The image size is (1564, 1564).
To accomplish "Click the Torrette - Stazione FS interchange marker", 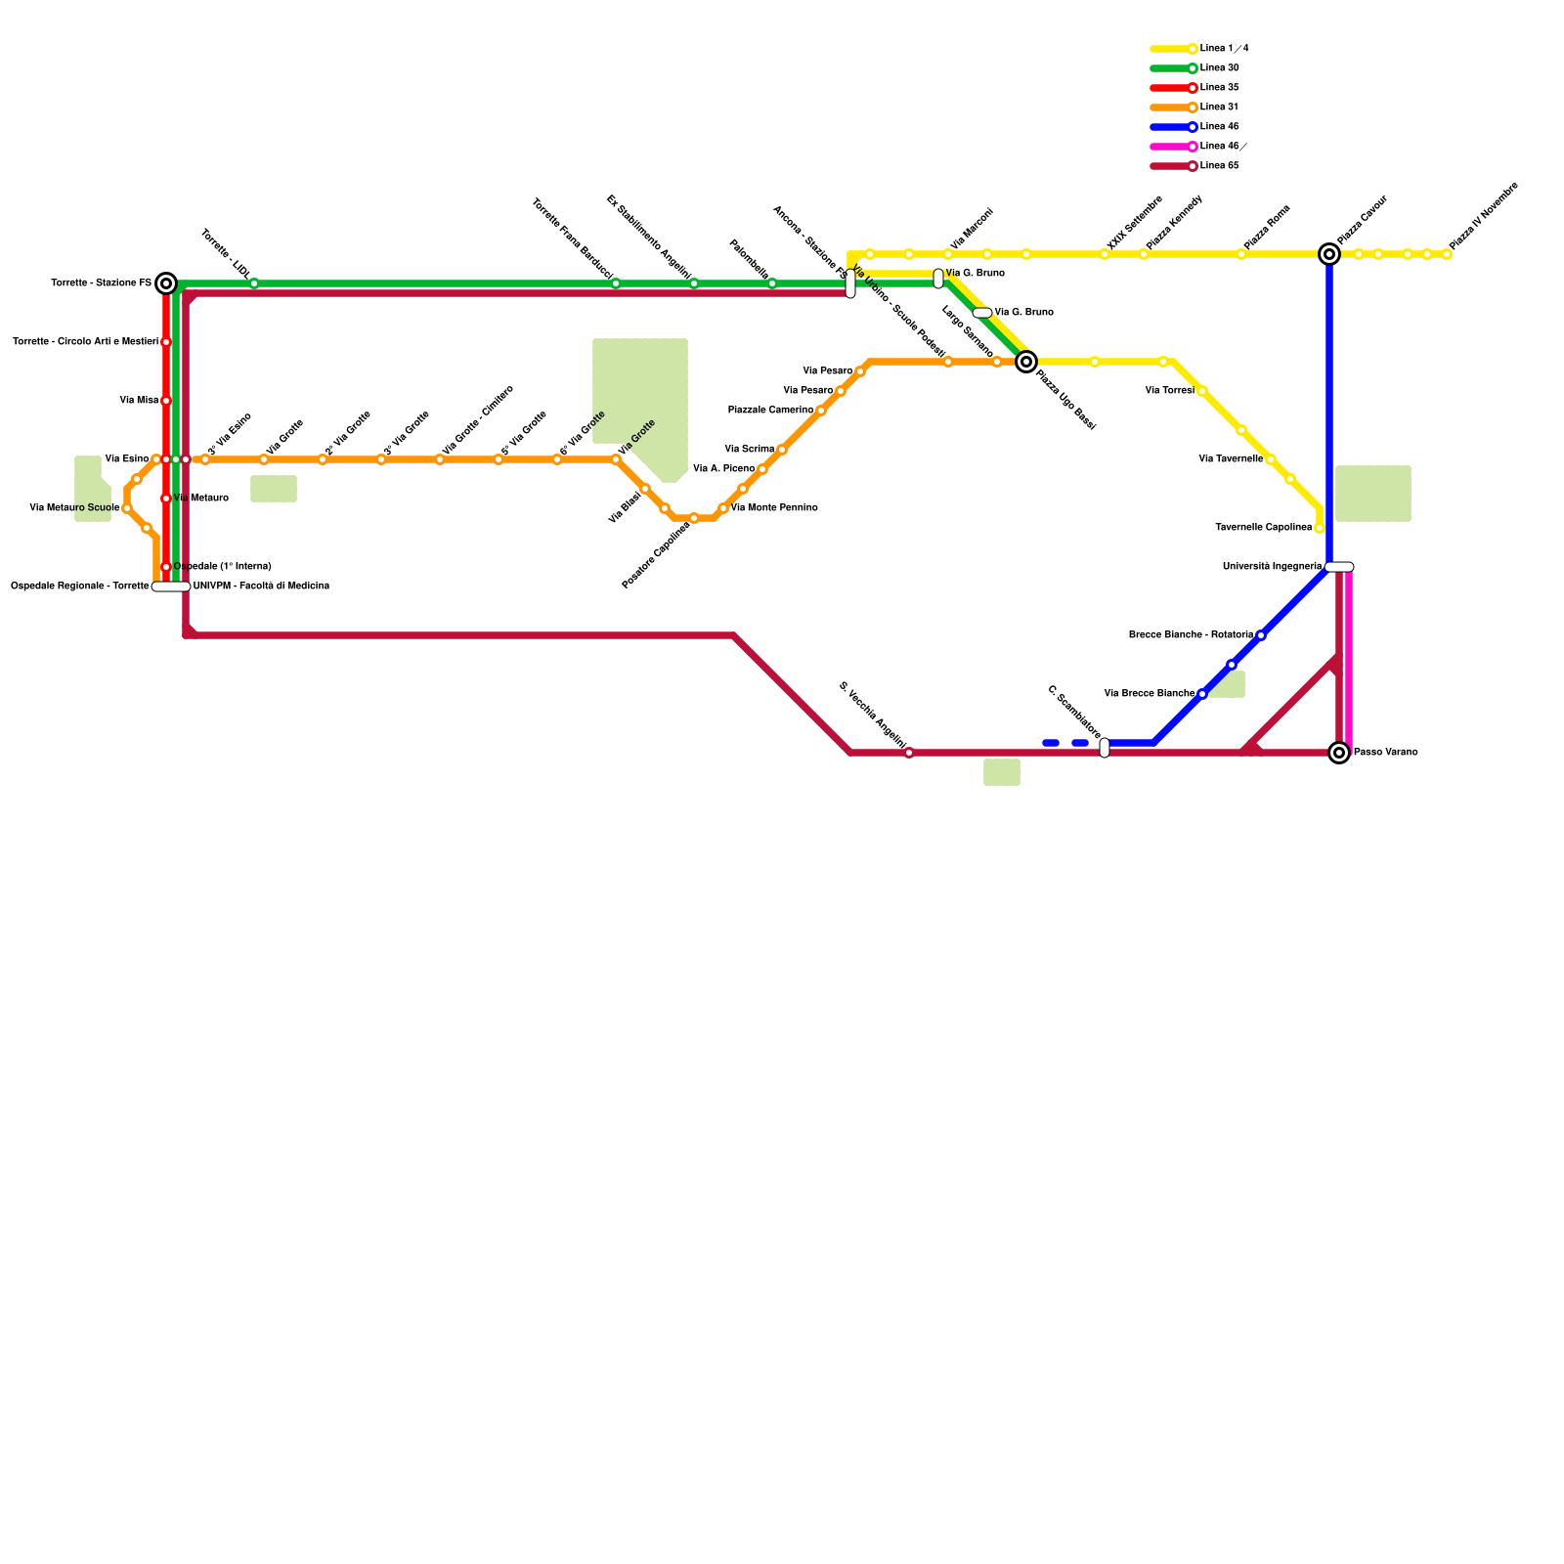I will click(x=166, y=283).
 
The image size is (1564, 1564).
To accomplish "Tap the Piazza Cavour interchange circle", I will click(x=1329, y=254).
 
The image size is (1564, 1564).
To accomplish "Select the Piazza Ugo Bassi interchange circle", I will click(x=1026, y=362).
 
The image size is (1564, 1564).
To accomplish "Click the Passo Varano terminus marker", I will click(x=1339, y=753).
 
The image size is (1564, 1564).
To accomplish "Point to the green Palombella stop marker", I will click(x=772, y=283).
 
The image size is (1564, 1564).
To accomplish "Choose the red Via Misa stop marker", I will click(x=166, y=401).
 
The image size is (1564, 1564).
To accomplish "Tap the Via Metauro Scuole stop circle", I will click(x=127, y=508).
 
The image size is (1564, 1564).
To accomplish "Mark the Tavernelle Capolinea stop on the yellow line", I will click(x=1320, y=528).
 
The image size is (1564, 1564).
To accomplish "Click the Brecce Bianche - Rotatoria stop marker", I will click(x=1261, y=635).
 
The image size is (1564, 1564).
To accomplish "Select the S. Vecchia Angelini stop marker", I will click(x=909, y=753).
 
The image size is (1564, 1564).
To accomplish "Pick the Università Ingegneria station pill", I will click(x=1339, y=567).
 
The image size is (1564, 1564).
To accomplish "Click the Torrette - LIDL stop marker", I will click(x=254, y=283).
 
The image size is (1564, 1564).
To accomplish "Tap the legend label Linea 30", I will click(x=1219, y=68).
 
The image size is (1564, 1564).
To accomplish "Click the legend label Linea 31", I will click(x=1219, y=108).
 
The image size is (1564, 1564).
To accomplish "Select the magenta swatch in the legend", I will click(x=1171, y=147).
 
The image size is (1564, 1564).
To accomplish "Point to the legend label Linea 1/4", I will click(x=1224, y=49).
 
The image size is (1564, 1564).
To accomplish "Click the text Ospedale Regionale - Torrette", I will click(x=80, y=586).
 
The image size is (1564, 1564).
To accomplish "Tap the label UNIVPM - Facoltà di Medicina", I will click(x=261, y=586).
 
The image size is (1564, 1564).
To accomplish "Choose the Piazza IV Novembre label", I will click(x=1483, y=216).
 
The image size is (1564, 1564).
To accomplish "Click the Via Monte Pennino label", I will click(x=774, y=508).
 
